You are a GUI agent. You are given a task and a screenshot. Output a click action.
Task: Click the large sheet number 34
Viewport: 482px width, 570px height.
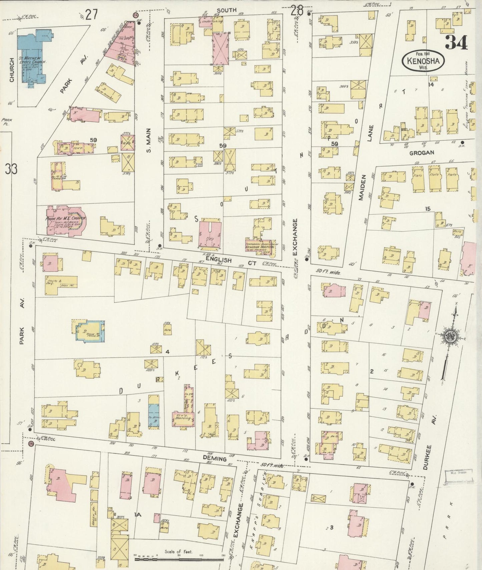pyautogui.click(x=456, y=42)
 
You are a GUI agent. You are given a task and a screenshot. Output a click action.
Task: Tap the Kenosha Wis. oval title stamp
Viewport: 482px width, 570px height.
pyautogui.click(x=424, y=61)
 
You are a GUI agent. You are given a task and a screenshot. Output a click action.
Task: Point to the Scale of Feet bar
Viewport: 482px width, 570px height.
pyautogui.click(x=179, y=557)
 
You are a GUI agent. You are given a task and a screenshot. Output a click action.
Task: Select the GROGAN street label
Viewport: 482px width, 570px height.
pyautogui.click(x=422, y=152)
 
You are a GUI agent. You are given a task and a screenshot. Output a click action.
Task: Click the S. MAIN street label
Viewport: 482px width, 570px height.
pyautogui.click(x=149, y=140)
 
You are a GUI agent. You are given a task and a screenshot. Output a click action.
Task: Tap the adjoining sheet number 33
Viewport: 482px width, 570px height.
pyautogui.click(x=11, y=169)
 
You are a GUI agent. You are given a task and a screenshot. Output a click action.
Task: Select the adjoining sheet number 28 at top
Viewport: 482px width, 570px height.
pyautogui.click(x=297, y=11)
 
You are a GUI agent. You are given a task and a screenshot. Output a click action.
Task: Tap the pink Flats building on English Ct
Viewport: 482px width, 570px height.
pyautogui.click(x=210, y=235)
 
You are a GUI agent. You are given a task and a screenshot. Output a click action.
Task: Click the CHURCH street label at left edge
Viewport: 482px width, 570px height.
pyautogui.click(x=12, y=70)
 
